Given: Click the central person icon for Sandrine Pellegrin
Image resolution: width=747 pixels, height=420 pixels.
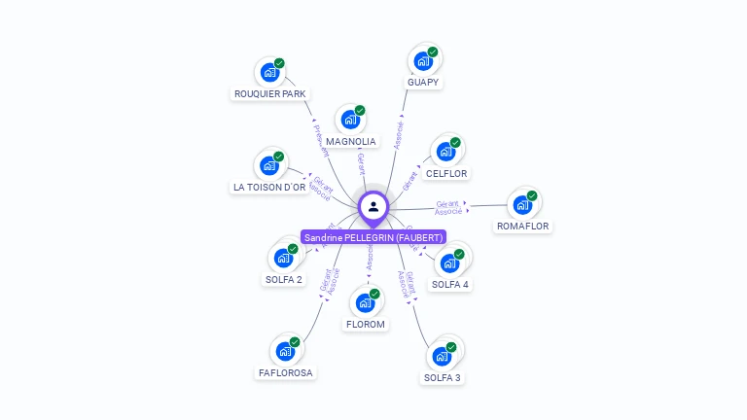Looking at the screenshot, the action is pos(373,206).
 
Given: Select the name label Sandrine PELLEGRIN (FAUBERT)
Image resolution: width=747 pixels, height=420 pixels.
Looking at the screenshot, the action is pos(373,237).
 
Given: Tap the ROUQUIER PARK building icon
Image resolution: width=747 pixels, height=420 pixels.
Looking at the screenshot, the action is pos(269,72).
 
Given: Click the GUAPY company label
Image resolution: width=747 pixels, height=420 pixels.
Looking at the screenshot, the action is pos(424,83).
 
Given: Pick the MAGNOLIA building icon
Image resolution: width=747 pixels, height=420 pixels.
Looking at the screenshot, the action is pos(350,121).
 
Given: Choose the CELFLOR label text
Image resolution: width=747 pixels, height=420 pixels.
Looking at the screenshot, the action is pos(446,174).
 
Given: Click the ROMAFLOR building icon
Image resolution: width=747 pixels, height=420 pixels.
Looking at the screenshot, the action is pos(522,205).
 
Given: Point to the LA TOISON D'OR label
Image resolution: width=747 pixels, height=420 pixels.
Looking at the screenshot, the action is pos(269,187).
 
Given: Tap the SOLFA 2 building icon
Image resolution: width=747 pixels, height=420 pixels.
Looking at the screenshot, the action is pos(283,259).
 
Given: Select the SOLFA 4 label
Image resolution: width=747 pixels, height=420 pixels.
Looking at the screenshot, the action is pos(450,285).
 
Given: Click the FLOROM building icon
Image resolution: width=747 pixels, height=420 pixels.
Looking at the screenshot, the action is pos(366,303).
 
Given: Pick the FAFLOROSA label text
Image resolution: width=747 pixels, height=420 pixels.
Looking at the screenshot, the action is pos(287,372).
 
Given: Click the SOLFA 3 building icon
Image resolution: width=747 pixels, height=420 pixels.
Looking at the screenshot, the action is pos(442,357).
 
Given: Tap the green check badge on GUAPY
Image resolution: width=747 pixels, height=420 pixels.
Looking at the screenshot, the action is pos(433,52).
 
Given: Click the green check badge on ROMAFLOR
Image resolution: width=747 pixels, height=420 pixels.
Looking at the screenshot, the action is pos(532,195).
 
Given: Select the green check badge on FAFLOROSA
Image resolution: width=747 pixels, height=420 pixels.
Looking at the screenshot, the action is pos(296,342).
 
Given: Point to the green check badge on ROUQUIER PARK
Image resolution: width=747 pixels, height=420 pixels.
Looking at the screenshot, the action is pos(279,63).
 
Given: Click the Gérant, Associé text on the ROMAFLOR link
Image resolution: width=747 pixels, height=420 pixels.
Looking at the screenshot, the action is pos(449,207).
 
